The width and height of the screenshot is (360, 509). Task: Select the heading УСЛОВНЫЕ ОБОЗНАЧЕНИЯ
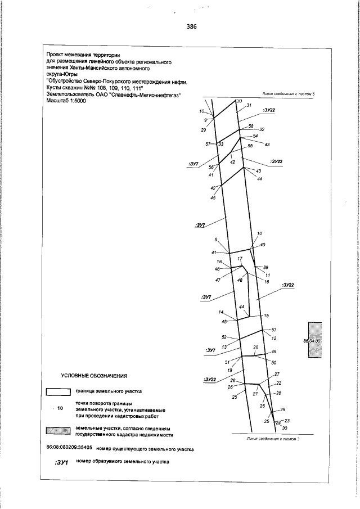coord(95,375)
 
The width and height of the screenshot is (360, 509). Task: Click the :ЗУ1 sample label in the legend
coord(61,462)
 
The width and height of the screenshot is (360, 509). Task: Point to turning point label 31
coord(249,106)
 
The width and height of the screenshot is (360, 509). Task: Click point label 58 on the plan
coord(251,126)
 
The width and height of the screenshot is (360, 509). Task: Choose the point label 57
coord(208,145)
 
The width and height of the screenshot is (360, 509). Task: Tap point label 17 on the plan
coord(240,258)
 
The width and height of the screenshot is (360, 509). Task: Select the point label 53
coord(274,330)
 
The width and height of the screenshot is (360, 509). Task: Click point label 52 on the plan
coord(224,337)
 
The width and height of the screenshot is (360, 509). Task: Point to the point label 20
coord(255,348)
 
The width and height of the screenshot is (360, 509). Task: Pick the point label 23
coord(287,420)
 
